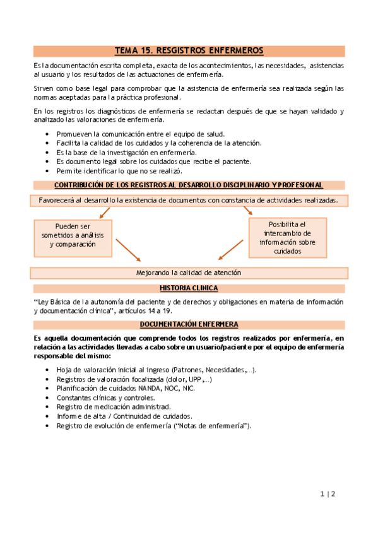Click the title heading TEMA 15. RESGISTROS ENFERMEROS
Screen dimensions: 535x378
tap(189, 50)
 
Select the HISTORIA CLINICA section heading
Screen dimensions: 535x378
tap(189, 288)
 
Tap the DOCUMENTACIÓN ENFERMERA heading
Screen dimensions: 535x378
tap(189, 324)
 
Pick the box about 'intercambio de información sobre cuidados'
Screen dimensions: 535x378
tap(287, 238)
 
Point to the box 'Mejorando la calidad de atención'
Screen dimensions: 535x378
tap(189, 273)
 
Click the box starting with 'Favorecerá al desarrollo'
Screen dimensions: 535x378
tap(189, 200)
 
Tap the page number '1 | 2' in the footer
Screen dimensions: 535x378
tap(328, 495)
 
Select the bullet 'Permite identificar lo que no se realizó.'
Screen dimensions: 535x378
tap(119, 170)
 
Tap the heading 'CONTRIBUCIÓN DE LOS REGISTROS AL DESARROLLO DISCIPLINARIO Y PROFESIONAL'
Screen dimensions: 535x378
tap(189, 185)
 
